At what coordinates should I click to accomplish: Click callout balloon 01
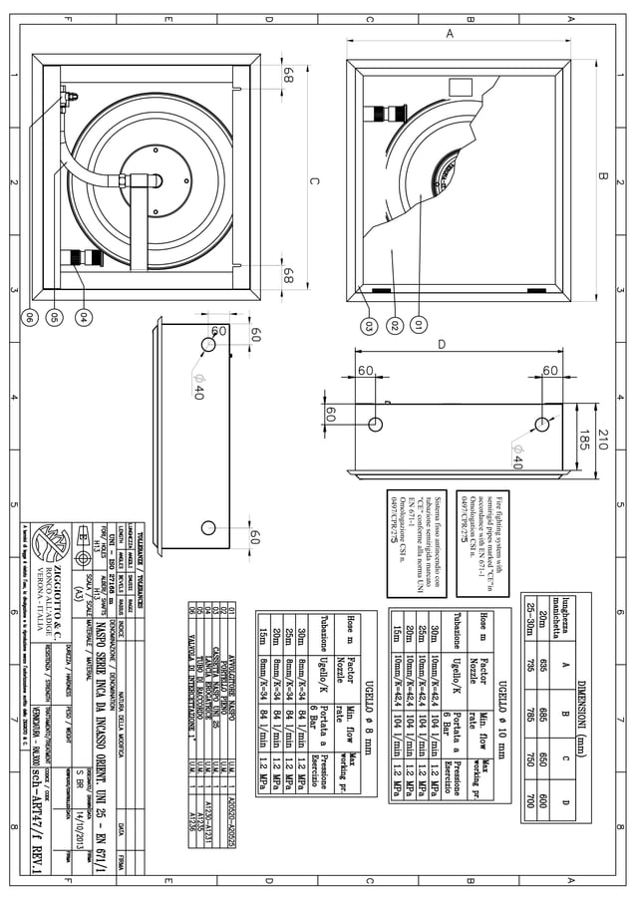[x=419, y=324]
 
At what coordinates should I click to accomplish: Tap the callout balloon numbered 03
[x=370, y=324]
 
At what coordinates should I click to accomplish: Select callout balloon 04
[x=83, y=317]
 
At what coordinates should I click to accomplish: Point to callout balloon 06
[x=30, y=317]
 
